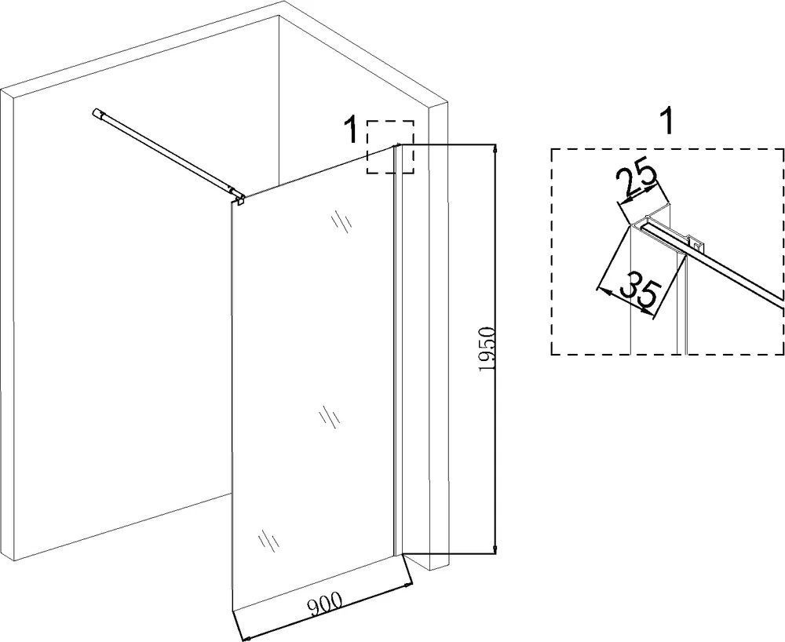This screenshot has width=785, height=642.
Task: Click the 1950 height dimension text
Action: (486, 349)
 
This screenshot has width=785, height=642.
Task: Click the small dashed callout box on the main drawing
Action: (390, 147)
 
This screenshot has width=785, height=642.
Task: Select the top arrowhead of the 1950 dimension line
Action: (495, 150)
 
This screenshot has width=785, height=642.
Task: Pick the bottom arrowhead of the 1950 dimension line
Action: (495, 547)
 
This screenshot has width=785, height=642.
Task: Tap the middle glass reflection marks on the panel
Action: (330, 417)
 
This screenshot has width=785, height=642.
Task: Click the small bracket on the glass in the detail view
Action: (696, 243)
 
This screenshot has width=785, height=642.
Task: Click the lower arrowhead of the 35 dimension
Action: (649, 312)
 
